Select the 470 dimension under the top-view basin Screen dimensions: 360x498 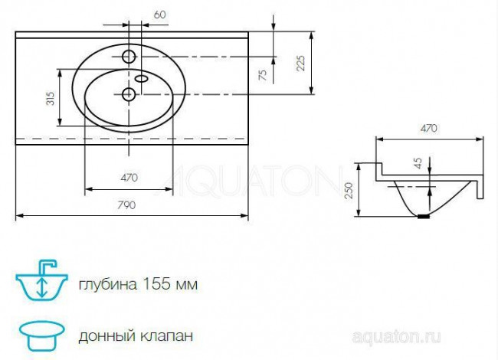(129, 178)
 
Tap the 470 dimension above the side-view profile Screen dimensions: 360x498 (429, 129)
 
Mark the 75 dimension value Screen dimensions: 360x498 (263, 75)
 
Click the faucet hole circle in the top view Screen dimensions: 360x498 (129, 56)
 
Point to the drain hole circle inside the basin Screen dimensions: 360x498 (129, 94)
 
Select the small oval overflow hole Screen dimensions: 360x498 (143, 77)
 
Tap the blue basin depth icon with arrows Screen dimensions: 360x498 (39, 283)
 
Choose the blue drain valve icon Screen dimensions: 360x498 (39, 334)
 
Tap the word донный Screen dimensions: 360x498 (101, 335)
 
